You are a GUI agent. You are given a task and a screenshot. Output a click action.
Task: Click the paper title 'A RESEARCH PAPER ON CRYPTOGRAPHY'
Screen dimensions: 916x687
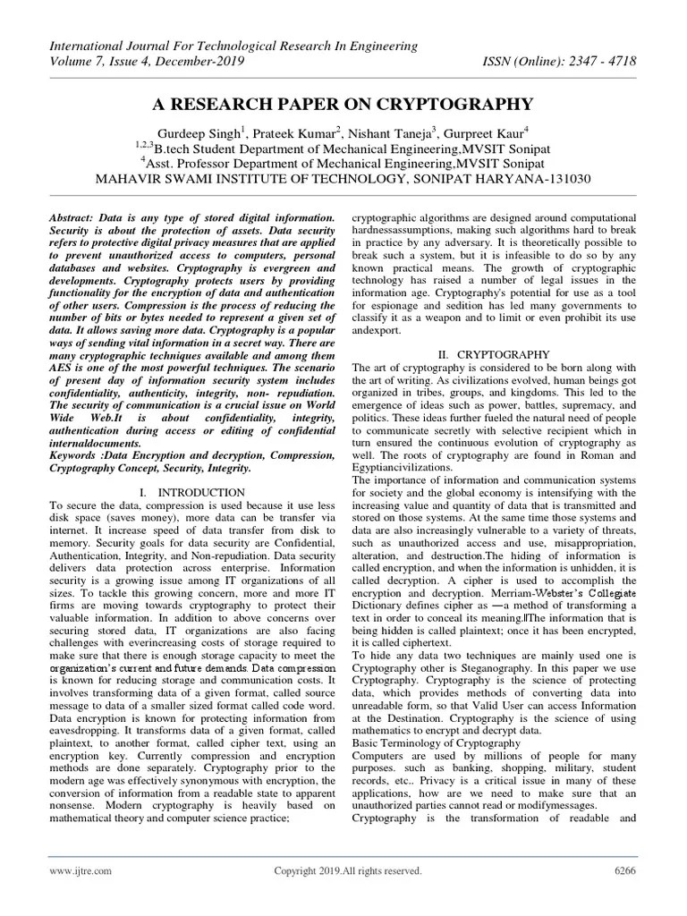coord(343,103)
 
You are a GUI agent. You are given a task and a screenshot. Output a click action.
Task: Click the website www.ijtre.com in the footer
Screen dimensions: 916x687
coord(80,870)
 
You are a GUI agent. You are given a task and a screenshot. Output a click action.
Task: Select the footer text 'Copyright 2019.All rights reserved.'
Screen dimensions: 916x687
coord(347,870)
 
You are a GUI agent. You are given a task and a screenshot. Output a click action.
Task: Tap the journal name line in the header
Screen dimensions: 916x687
coord(233,45)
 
